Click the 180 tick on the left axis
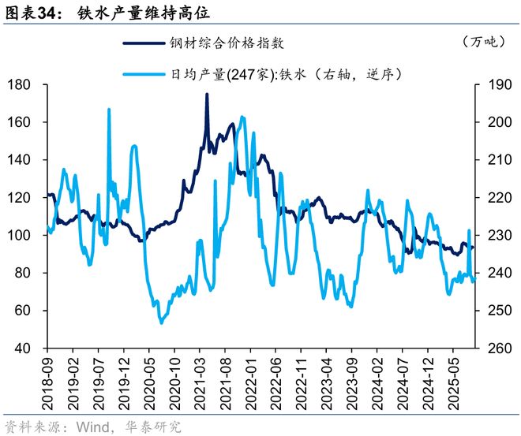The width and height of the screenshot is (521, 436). pos(22,84)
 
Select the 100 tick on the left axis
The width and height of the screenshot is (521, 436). pos(22,235)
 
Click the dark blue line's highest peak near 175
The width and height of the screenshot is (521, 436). pos(207,94)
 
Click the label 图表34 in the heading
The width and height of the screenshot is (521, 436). pos(31,13)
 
